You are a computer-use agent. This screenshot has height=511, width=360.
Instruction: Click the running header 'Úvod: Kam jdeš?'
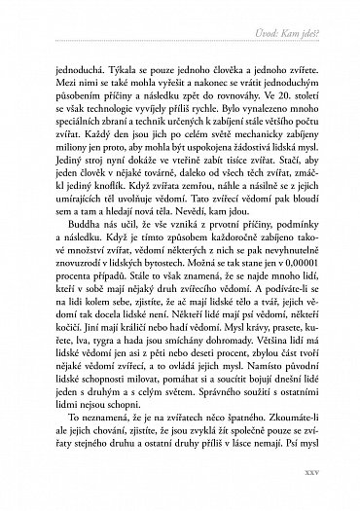pos(301,37)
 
